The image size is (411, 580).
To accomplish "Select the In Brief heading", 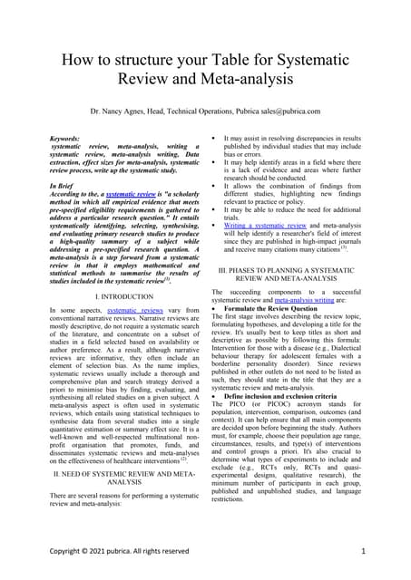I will [62, 185].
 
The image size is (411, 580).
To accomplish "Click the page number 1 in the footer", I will [363, 550].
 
